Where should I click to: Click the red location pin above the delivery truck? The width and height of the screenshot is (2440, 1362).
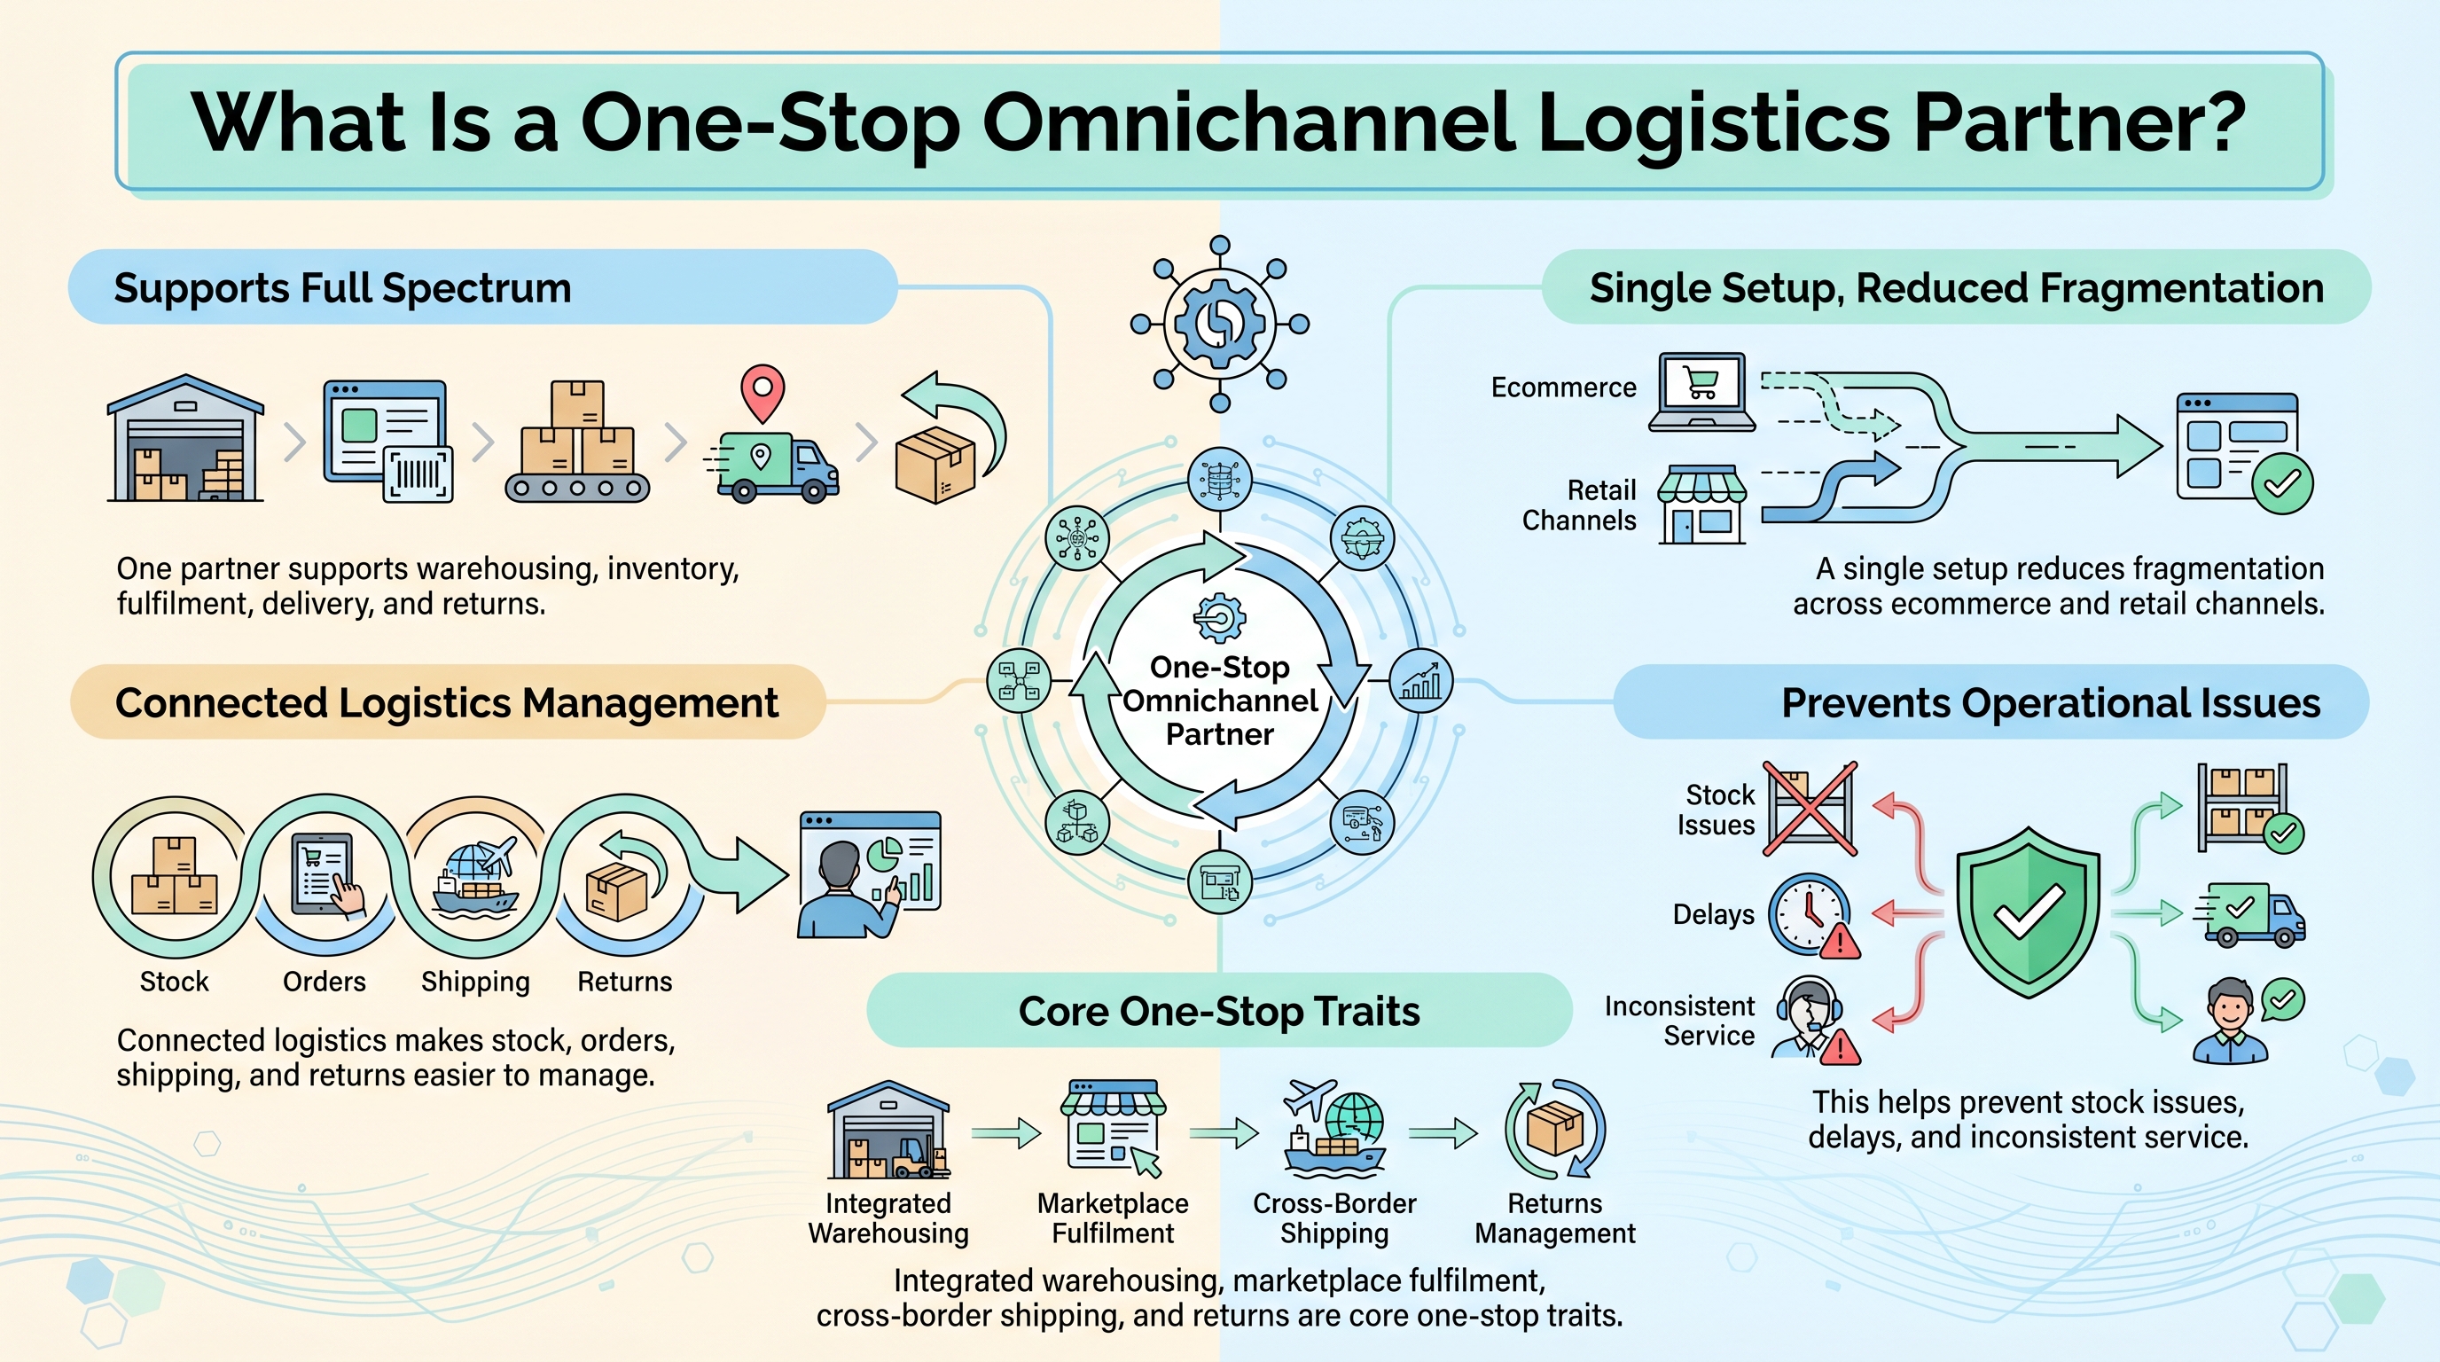tap(762, 393)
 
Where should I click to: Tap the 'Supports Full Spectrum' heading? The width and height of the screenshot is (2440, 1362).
tap(343, 288)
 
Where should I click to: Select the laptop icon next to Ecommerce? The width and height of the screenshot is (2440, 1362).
tap(1701, 392)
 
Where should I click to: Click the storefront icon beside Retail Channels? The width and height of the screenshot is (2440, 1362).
tap(1702, 504)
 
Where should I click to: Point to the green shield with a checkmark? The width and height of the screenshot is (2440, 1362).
tap(2028, 912)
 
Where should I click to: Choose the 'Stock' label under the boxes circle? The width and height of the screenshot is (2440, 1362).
tap(175, 982)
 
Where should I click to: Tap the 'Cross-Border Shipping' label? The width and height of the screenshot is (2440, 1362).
tap(1334, 1218)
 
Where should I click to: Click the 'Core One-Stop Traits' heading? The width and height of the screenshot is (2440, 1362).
tap(1219, 1012)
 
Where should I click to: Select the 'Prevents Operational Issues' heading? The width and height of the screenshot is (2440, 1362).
tap(2051, 703)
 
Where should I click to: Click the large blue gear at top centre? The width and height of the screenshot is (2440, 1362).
tap(1220, 324)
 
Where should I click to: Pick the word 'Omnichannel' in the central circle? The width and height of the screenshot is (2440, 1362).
tap(1220, 701)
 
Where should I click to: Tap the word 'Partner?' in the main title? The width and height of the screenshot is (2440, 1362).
tap(2079, 122)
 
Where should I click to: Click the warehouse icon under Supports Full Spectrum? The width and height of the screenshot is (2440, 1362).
tap(185, 437)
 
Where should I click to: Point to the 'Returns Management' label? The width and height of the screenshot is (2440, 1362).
tap(1554, 1218)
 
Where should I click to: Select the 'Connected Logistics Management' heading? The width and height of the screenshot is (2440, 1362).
tap(446, 703)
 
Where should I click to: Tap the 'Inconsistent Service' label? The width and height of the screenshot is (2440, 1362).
tap(1679, 1020)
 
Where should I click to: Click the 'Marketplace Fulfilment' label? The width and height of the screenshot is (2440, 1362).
tap(1113, 1218)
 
